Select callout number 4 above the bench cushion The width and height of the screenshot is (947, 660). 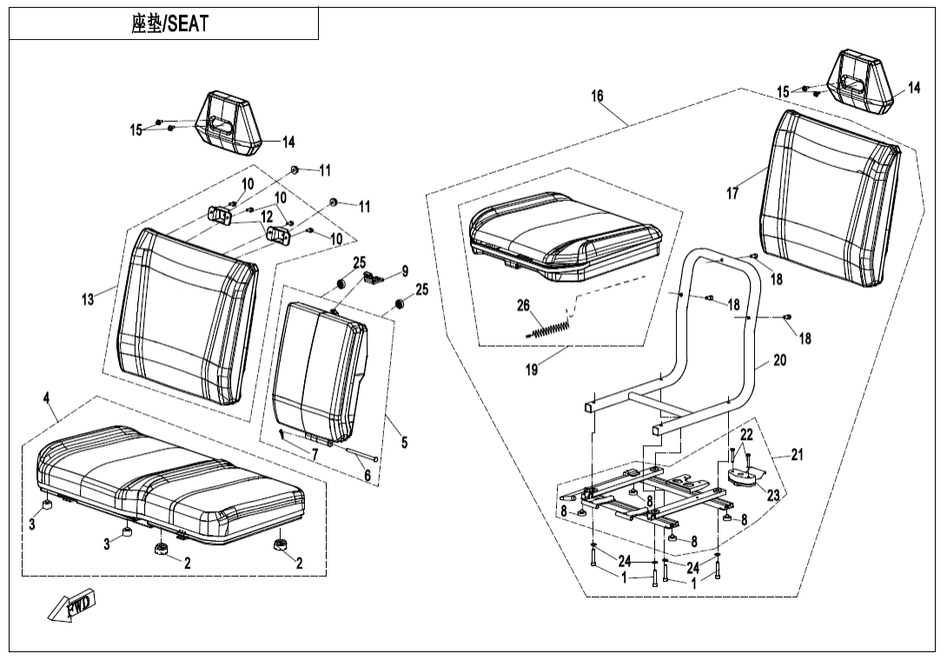(47, 398)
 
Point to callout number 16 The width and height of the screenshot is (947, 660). (598, 97)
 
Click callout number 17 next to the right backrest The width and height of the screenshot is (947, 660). (732, 194)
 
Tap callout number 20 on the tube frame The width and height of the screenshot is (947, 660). (779, 360)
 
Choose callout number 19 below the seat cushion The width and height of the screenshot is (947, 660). (532, 370)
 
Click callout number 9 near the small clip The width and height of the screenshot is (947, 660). (404, 271)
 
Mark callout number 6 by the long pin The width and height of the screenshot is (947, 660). (368, 476)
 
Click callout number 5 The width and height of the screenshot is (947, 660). (404, 443)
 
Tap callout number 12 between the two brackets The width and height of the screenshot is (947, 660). (267, 216)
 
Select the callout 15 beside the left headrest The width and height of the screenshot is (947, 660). (136, 130)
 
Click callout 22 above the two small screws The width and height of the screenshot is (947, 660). (746, 435)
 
